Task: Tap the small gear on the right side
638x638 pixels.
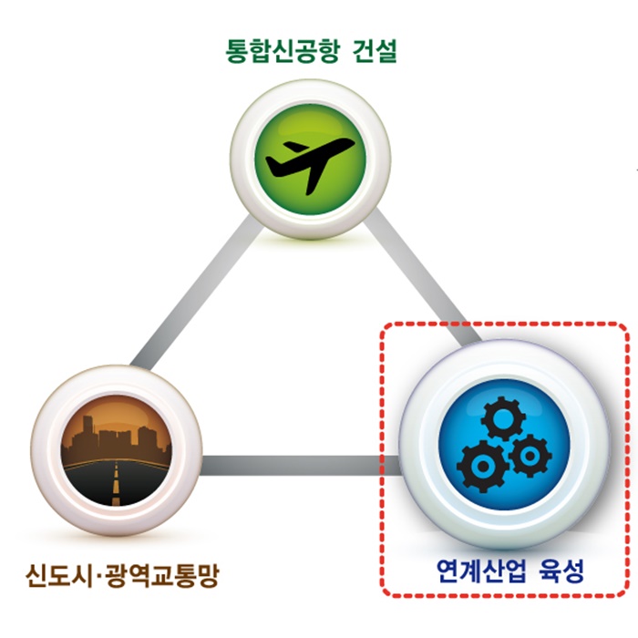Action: pos(528,457)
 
